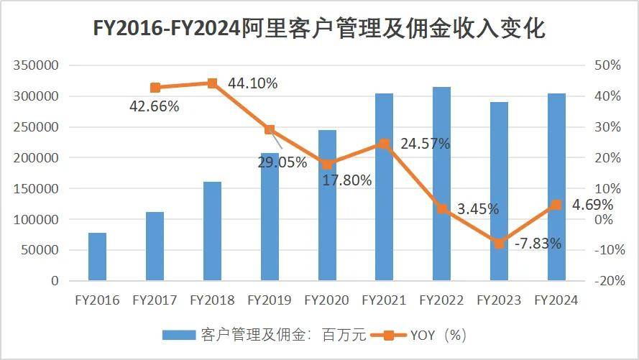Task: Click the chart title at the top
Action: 319,29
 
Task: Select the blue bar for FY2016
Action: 97,257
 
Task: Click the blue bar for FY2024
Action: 556,187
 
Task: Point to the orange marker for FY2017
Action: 155,88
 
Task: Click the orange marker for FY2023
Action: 499,244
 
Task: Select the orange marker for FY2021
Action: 384,144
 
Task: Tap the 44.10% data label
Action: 252,83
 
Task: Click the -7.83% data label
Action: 538,244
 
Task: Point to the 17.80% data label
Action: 347,180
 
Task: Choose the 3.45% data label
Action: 478,210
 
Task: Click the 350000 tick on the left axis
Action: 35,65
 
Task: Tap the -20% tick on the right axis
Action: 608,281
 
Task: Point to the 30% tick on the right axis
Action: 608,127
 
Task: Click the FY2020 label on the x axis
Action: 327,300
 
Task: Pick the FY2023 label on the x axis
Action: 499,300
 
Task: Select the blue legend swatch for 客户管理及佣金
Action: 178,335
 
